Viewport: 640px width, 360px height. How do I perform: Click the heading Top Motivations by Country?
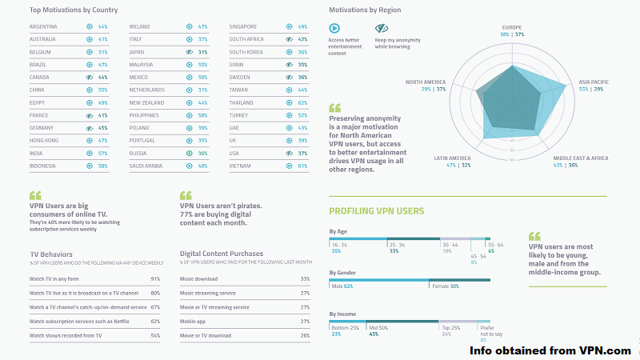coord(74,10)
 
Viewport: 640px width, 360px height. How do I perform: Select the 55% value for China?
coord(102,90)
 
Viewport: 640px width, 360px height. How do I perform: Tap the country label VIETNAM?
coord(240,166)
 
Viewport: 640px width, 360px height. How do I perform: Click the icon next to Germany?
coord(90,128)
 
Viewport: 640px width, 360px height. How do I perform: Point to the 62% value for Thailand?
coord(302,103)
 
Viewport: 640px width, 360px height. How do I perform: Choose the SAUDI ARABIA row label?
coord(147,166)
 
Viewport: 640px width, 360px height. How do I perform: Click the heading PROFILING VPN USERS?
coord(377,211)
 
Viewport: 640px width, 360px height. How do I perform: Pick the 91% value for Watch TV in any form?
coord(155,279)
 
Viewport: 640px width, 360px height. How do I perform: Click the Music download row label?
coord(199,279)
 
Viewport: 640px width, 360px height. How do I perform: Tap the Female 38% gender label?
coord(446,286)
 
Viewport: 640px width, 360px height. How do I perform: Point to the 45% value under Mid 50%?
coord(373,334)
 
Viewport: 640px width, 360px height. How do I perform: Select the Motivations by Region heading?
coord(365,10)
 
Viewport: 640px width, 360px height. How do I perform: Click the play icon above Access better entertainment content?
coord(334,27)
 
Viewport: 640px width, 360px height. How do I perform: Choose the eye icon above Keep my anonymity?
coord(381,27)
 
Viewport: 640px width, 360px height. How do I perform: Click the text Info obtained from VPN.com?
coord(550,350)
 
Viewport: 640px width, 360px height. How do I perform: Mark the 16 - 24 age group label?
coord(340,244)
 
